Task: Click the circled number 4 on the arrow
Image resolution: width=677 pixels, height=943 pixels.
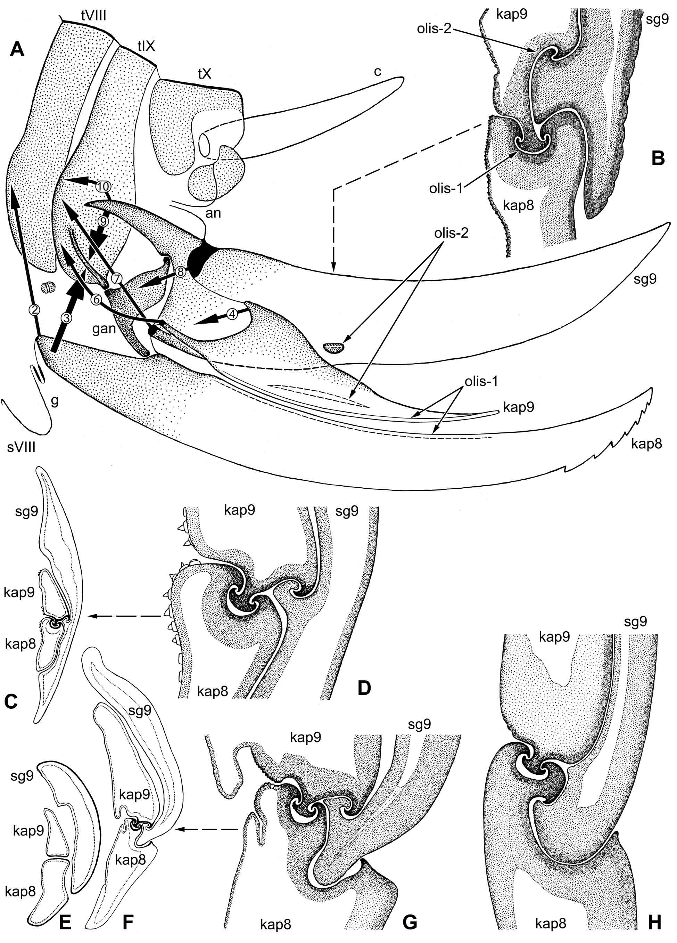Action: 232,315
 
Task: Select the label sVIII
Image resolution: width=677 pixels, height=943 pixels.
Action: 21,447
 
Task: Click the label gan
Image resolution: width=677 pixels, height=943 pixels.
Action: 104,329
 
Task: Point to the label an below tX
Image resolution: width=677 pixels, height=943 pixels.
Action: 213,213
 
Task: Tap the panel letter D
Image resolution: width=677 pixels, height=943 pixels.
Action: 364,688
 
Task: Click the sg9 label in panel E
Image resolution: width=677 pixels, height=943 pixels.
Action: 22,776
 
